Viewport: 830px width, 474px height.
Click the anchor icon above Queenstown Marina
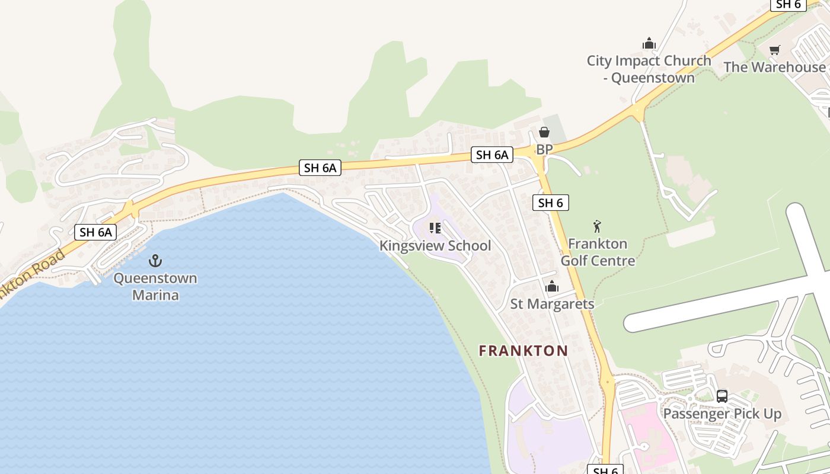[x=155, y=260]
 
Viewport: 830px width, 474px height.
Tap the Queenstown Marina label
[x=155, y=286]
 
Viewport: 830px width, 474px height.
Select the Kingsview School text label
[x=435, y=245]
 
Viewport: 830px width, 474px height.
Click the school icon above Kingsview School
[x=435, y=228]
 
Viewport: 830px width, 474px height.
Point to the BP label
[x=544, y=149]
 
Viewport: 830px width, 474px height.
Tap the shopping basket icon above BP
[x=544, y=132]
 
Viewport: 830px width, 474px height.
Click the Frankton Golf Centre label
[x=598, y=252]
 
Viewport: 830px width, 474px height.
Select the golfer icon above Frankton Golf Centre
[x=597, y=226]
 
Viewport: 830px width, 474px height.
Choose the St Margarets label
[x=552, y=304]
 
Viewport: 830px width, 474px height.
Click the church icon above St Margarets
[x=552, y=287]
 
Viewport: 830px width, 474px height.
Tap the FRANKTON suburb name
[x=523, y=351]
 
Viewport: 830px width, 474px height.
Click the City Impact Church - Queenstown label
[x=649, y=69]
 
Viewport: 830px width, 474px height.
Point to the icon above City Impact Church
[x=649, y=43]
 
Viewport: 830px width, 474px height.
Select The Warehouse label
[x=774, y=67]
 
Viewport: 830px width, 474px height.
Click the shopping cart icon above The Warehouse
[x=774, y=50]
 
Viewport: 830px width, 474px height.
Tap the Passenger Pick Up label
[x=722, y=414]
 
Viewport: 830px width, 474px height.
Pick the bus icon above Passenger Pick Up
[x=722, y=396]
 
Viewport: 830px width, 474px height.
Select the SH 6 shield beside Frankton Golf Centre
[x=551, y=203]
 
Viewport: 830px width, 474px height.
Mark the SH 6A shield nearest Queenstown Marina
[x=95, y=232]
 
